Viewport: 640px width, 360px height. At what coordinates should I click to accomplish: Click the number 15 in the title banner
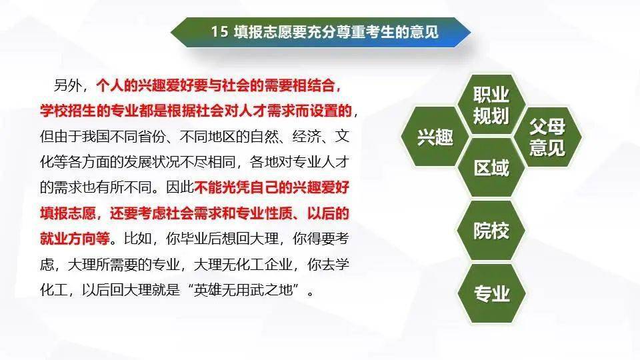[219, 31]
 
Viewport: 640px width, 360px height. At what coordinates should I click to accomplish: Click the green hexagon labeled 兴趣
[434, 137]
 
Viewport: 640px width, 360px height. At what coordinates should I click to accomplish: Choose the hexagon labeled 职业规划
[491, 105]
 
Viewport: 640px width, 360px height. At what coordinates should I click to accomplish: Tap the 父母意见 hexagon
[547, 137]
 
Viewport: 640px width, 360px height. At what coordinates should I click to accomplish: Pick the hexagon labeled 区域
[491, 168]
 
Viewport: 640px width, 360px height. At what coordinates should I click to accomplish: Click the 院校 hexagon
[491, 231]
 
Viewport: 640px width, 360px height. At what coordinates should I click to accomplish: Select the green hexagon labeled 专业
[491, 293]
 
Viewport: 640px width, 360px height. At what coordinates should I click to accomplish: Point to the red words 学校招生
[68, 111]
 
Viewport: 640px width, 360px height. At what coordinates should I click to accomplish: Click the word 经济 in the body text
[306, 136]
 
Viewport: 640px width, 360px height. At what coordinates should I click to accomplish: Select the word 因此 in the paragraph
[180, 187]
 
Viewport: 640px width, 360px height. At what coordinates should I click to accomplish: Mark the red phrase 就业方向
[68, 239]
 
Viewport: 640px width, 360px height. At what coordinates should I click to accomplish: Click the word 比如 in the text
[138, 239]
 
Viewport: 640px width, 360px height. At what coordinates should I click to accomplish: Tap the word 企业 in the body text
[279, 265]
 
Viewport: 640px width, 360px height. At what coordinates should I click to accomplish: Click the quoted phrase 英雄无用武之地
[243, 290]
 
